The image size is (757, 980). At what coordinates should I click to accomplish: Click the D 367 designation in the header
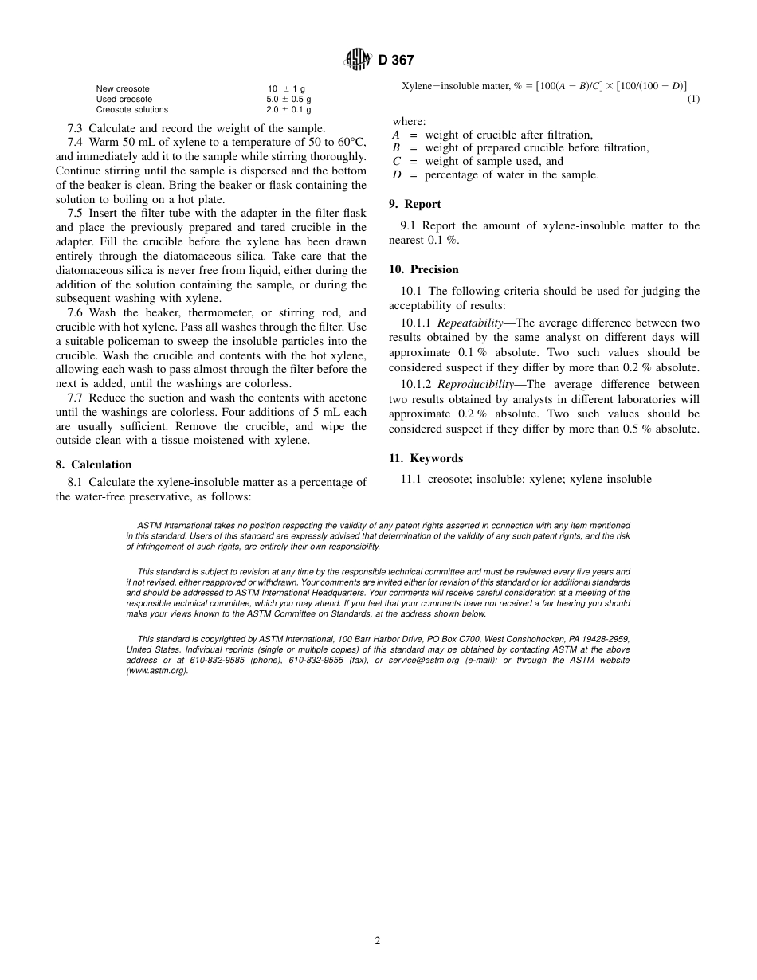[396, 60]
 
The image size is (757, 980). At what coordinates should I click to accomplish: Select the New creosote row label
[123, 88]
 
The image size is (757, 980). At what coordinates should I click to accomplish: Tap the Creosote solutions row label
[131, 109]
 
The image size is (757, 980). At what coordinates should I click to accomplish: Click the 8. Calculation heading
[94, 465]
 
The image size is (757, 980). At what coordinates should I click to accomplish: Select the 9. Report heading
[414, 204]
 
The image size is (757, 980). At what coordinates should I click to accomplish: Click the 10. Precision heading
[423, 269]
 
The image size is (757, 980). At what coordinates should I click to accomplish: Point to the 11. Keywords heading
[426, 458]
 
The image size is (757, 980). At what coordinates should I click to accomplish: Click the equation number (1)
[693, 99]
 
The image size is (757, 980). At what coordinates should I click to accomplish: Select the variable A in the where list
[396, 135]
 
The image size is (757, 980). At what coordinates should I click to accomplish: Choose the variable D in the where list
[396, 174]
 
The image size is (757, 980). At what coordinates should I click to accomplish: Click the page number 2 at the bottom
[378, 940]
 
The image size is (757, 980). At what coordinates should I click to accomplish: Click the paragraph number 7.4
[75, 142]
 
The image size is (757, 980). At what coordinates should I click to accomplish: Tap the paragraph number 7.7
[75, 398]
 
